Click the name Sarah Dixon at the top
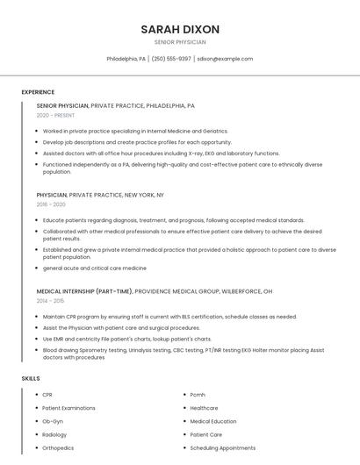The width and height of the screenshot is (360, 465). pos(180,29)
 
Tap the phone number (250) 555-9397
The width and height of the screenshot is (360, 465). pos(171,59)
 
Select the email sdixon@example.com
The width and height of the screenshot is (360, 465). pos(225,59)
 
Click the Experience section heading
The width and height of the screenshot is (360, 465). pos(38,92)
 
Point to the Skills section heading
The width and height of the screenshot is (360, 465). pos(31,378)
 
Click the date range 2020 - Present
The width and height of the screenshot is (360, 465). pos(55,115)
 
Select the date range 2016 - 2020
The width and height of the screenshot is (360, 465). pos(52,204)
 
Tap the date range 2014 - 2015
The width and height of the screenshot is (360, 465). pos(51,300)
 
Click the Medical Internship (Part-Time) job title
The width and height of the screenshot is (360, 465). pos(85,290)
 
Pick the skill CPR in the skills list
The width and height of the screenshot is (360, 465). pos(48,395)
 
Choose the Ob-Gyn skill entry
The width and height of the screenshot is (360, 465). pos(53,421)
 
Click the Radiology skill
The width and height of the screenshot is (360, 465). pos(54,434)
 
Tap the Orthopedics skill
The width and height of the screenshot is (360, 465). pos(58,447)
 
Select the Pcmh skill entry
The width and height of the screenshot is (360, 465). pos(198,395)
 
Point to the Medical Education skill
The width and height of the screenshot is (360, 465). pos(213,421)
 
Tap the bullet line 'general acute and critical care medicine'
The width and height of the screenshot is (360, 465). pos(95,268)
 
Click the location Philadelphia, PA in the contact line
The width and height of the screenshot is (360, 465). pos(126,59)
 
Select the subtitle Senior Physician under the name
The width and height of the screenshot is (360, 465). pos(180,42)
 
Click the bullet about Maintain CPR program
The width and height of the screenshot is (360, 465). pos(169,316)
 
